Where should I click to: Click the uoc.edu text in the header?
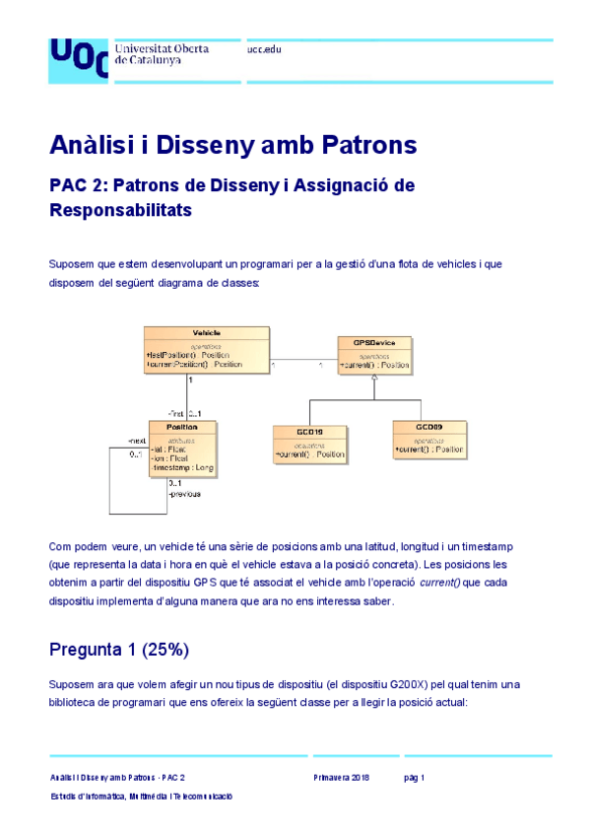tap(265, 48)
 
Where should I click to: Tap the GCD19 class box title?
tap(308, 431)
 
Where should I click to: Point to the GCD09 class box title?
tap(428, 426)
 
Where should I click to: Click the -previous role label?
tap(184, 494)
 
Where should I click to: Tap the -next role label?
tap(137, 441)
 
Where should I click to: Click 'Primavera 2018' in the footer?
tap(342, 778)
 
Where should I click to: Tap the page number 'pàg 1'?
tap(415, 778)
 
